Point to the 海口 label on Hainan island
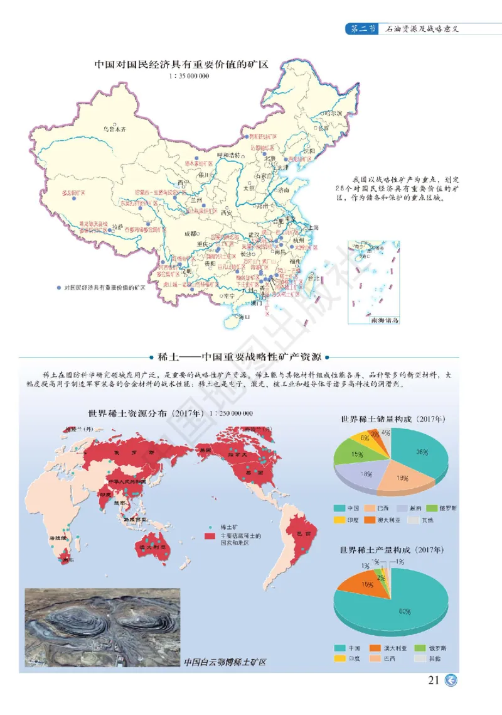(243, 317)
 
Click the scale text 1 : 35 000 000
(188, 76)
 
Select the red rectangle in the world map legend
(211, 537)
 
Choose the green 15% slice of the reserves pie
(354, 454)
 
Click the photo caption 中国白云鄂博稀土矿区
(226, 662)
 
